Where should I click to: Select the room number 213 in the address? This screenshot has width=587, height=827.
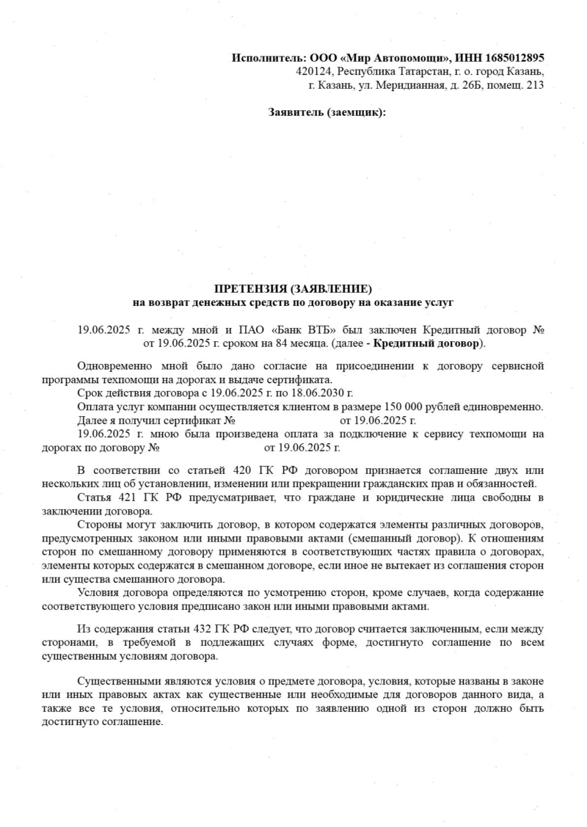pyautogui.click(x=535, y=85)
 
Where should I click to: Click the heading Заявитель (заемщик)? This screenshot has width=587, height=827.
pyautogui.click(x=327, y=112)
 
